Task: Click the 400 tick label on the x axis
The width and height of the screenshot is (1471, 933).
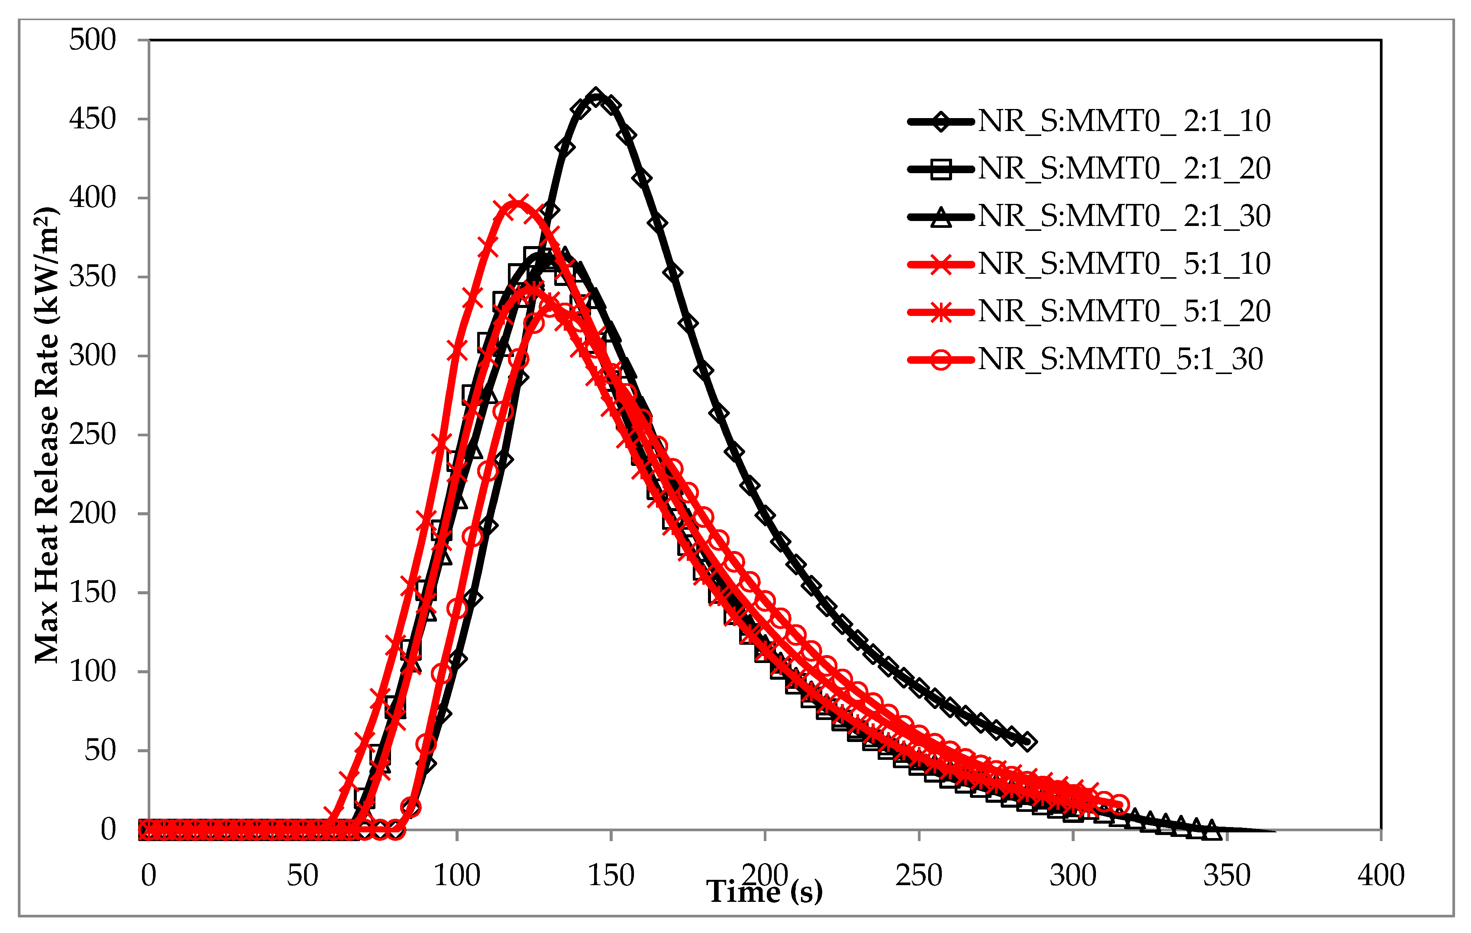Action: click(x=1381, y=876)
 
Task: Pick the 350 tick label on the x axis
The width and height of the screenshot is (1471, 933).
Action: click(x=1227, y=876)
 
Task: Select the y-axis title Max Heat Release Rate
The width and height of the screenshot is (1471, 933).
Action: click(x=47, y=435)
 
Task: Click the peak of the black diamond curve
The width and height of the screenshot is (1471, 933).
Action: click(x=596, y=96)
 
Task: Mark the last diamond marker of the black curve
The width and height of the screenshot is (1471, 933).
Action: click(x=1028, y=741)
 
